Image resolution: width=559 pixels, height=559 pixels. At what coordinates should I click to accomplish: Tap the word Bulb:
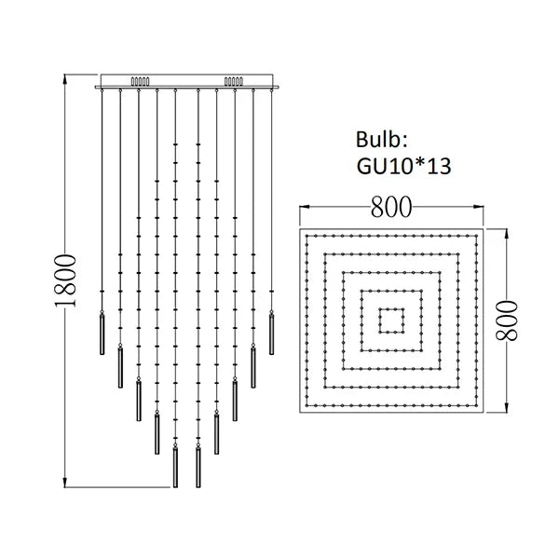[381, 142]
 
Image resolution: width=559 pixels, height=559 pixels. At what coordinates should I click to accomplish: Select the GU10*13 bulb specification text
[402, 168]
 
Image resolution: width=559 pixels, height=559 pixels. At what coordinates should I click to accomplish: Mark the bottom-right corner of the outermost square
[483, 411]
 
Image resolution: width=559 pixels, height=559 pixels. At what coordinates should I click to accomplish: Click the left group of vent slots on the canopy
[139, 81]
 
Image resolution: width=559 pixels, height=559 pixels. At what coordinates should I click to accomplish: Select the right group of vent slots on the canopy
[232, 81]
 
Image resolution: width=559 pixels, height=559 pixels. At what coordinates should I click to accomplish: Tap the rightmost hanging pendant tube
[272, 332]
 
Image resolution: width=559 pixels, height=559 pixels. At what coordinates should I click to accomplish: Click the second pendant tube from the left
[119, 365]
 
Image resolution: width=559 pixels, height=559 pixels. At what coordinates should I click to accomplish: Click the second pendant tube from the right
[252, 365]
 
